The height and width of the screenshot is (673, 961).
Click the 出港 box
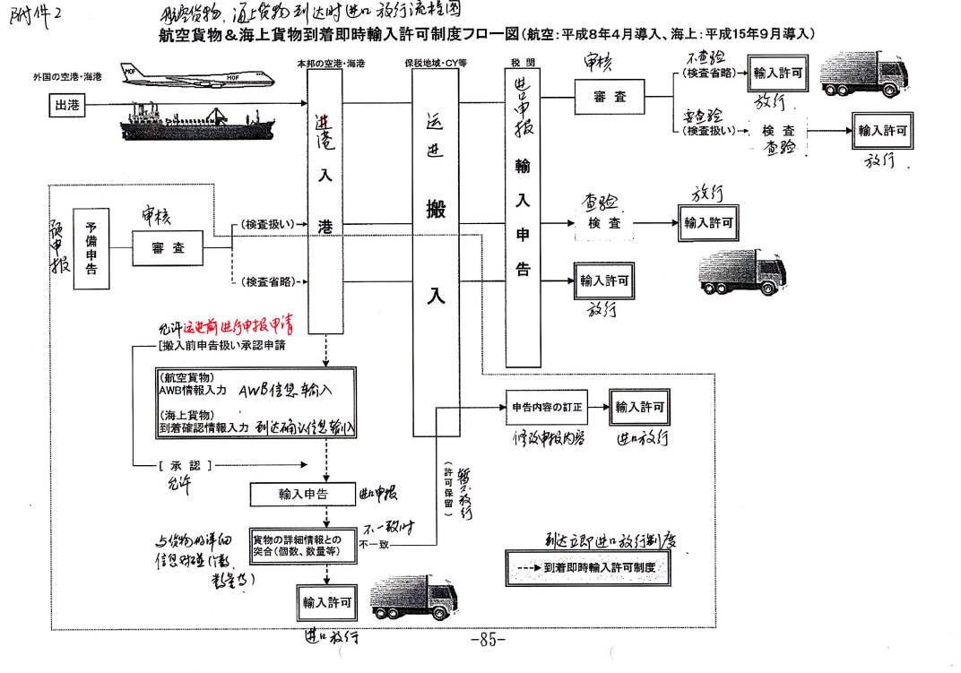point(67,105)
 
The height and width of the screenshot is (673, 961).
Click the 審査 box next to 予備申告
point(168,248)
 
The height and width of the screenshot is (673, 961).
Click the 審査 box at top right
point(610,97)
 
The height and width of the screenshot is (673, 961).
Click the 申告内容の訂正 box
point(547,407)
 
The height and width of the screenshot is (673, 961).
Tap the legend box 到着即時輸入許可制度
point(588,568)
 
